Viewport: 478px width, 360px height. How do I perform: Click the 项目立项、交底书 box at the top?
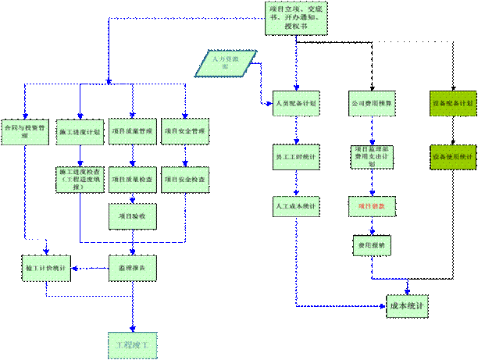(x=296, y=17)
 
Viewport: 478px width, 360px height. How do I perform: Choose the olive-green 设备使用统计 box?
(x=453, y=157)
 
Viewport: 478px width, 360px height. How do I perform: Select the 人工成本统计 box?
(x=296, y=207)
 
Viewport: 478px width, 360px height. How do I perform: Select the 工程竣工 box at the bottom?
(x=132, y=343)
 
